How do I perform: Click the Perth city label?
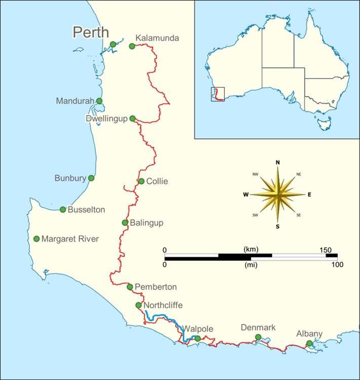pyautogui.click(x=91, y=32)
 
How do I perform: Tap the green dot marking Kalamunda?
pyautogui.click(x=132, y=46)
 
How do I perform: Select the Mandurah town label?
pyautogui.click(x=75, y=101)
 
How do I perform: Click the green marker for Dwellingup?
pyautogui.click(x=133, y=119)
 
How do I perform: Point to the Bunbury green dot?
pyautogui.click(x=91, y=178)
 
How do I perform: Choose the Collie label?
pyautogui.click(x=157, y=181)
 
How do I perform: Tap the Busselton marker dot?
pyautogui.click(x=63, y=209)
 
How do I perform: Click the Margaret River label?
pyautogui.click(x=70, y=239)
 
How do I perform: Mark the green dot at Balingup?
pyautogui.click(x=125, y=222)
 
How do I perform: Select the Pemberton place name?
pyautogui.click(x=156, y=287)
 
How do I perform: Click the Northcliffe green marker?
pyautogui.click(x=138, y=305)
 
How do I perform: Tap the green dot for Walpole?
pyautogui.click(x=197, y=338)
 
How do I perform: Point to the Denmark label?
pyautogui.click(x=258, y=328)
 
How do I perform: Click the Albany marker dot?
pyautogui.click(x=309, y=344)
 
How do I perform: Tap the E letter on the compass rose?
pyautogui.click(x=309, y=194)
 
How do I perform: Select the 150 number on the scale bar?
pyautogui.click(x=325, y=250)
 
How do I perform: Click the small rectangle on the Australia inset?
pyautogui.click(x=217, y=94)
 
